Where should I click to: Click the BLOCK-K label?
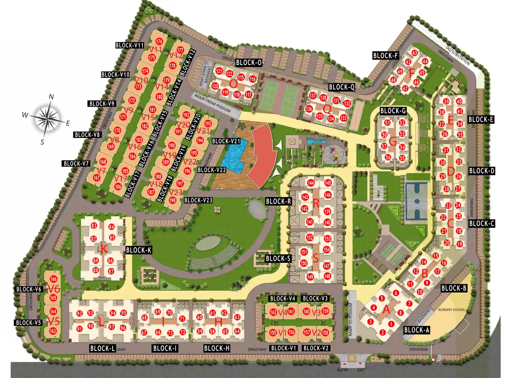(138, 250)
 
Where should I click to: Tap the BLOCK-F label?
(385, 55)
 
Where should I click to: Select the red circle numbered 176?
(159, 41)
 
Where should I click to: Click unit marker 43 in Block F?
(414, 53)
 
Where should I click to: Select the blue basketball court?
(417, 201)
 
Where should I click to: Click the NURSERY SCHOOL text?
(452, 310)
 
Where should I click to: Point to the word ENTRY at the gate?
(342, 370)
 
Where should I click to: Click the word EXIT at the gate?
(361, 370)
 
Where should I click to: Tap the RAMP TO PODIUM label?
(351, 320)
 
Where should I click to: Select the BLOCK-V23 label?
(198, 200)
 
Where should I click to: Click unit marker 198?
(173, 200)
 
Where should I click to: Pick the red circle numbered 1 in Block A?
(391, 324)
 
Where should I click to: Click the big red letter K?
(104, 249)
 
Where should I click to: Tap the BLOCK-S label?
(278, 259)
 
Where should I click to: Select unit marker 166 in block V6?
(53, 279)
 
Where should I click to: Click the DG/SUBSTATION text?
(458, 55)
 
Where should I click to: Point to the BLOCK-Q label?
(342, 87)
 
